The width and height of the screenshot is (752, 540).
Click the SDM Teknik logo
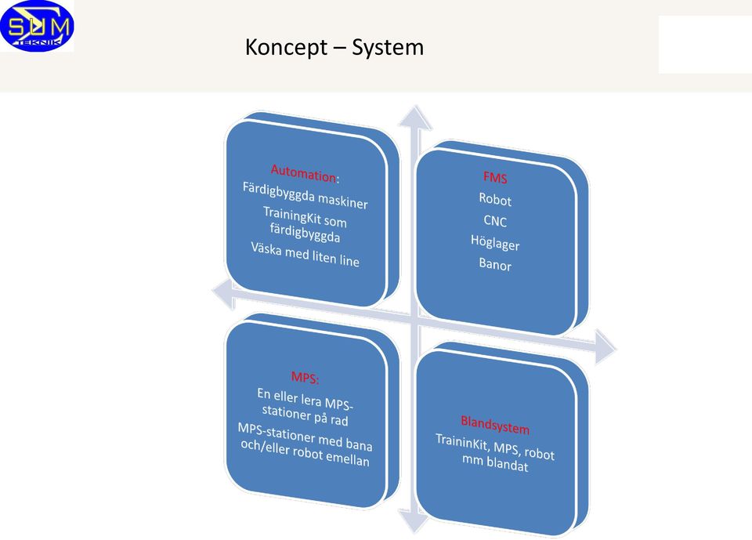(37, 26)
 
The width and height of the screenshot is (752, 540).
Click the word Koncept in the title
(287, 48)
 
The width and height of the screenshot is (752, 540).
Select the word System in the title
(388, 48)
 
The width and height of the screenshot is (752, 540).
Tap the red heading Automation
(303, 172)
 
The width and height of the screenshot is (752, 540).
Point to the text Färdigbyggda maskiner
(305, 195)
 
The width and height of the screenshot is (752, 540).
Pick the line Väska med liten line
(305, 254)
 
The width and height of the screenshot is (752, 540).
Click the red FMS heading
(495, 178)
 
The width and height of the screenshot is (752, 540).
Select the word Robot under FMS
(495, 199)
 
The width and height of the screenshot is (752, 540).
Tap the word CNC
(495, 221)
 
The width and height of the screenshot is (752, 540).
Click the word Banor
(495, 264)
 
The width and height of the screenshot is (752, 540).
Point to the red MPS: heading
(305, 377)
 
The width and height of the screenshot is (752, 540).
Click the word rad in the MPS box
(339, 421)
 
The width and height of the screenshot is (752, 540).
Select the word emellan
(348, 458)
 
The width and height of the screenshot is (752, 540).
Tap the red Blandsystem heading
(495, 425)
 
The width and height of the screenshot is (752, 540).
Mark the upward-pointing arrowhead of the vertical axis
(415, 118)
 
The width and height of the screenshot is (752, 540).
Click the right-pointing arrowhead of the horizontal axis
(606, 347)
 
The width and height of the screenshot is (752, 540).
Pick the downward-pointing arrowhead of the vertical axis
(414, 522)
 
